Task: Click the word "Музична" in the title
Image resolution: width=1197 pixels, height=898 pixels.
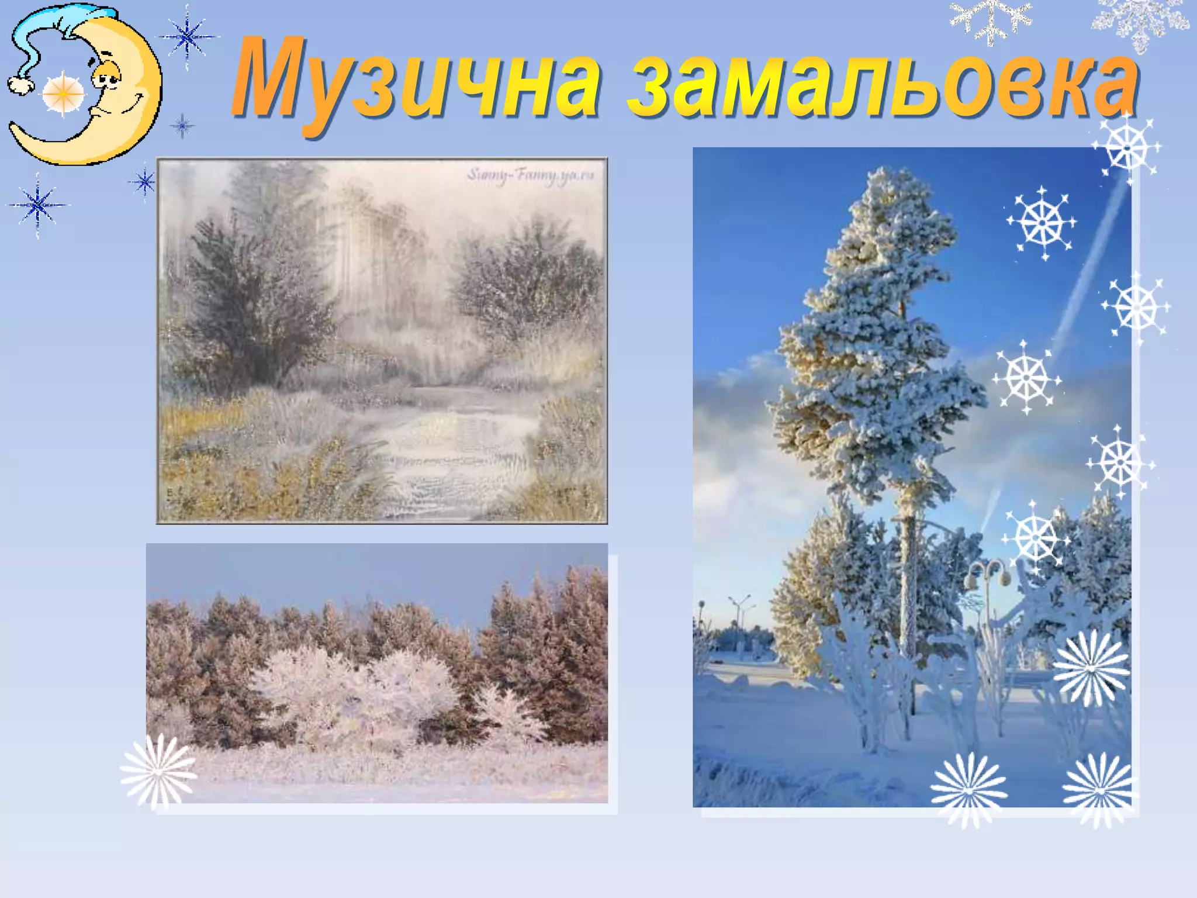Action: click(x=415, y=82)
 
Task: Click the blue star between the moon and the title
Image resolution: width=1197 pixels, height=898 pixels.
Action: click(x=187, y=36)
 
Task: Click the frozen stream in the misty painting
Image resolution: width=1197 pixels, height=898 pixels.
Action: click(x=450, y=450)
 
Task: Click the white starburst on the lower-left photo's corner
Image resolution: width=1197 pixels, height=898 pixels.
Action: click(x=158, y=772)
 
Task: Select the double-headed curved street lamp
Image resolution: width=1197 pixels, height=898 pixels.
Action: click(x=988, y=573)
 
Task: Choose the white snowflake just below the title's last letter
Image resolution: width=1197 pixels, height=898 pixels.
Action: click(x=1127, y=146)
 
